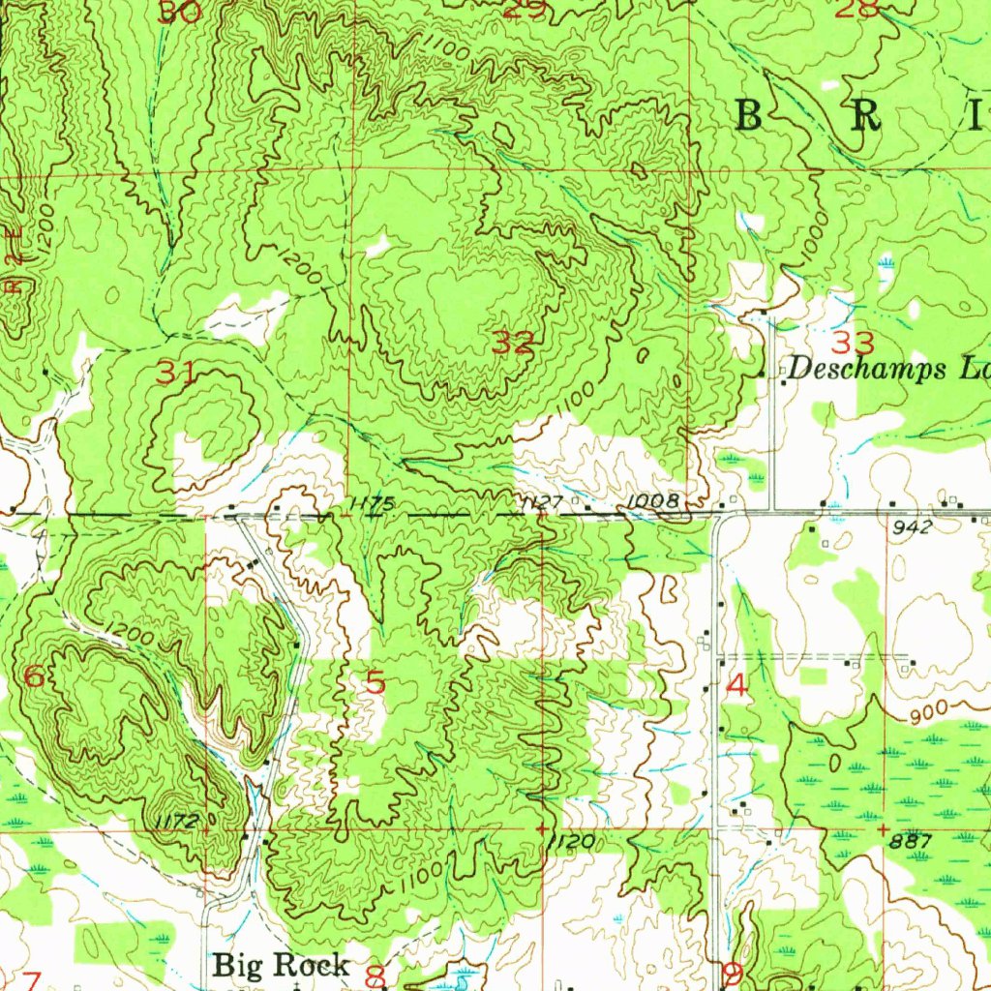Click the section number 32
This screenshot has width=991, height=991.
pyautogui.click(x=513, y=342)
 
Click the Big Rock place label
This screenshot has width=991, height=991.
pyautogui.click(x=281, y=964)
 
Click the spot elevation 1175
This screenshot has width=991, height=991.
pyautogui.click(x=373, y=503)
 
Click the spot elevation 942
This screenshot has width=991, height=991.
pyautogui.click(x=913, y=527)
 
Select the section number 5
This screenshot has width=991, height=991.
pyautogui.click(x=375, y=683)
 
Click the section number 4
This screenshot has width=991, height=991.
pyautogui.click(x=736, y=686)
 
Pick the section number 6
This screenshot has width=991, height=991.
pyautogui.click(x=33, y=676)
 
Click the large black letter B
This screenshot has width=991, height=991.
pyautogui.click(x=750, y=116)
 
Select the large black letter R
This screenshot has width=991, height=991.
pyautogui.click(x=866, y=116)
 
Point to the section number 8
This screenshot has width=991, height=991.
pyautogui.click(x=375, y=976)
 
